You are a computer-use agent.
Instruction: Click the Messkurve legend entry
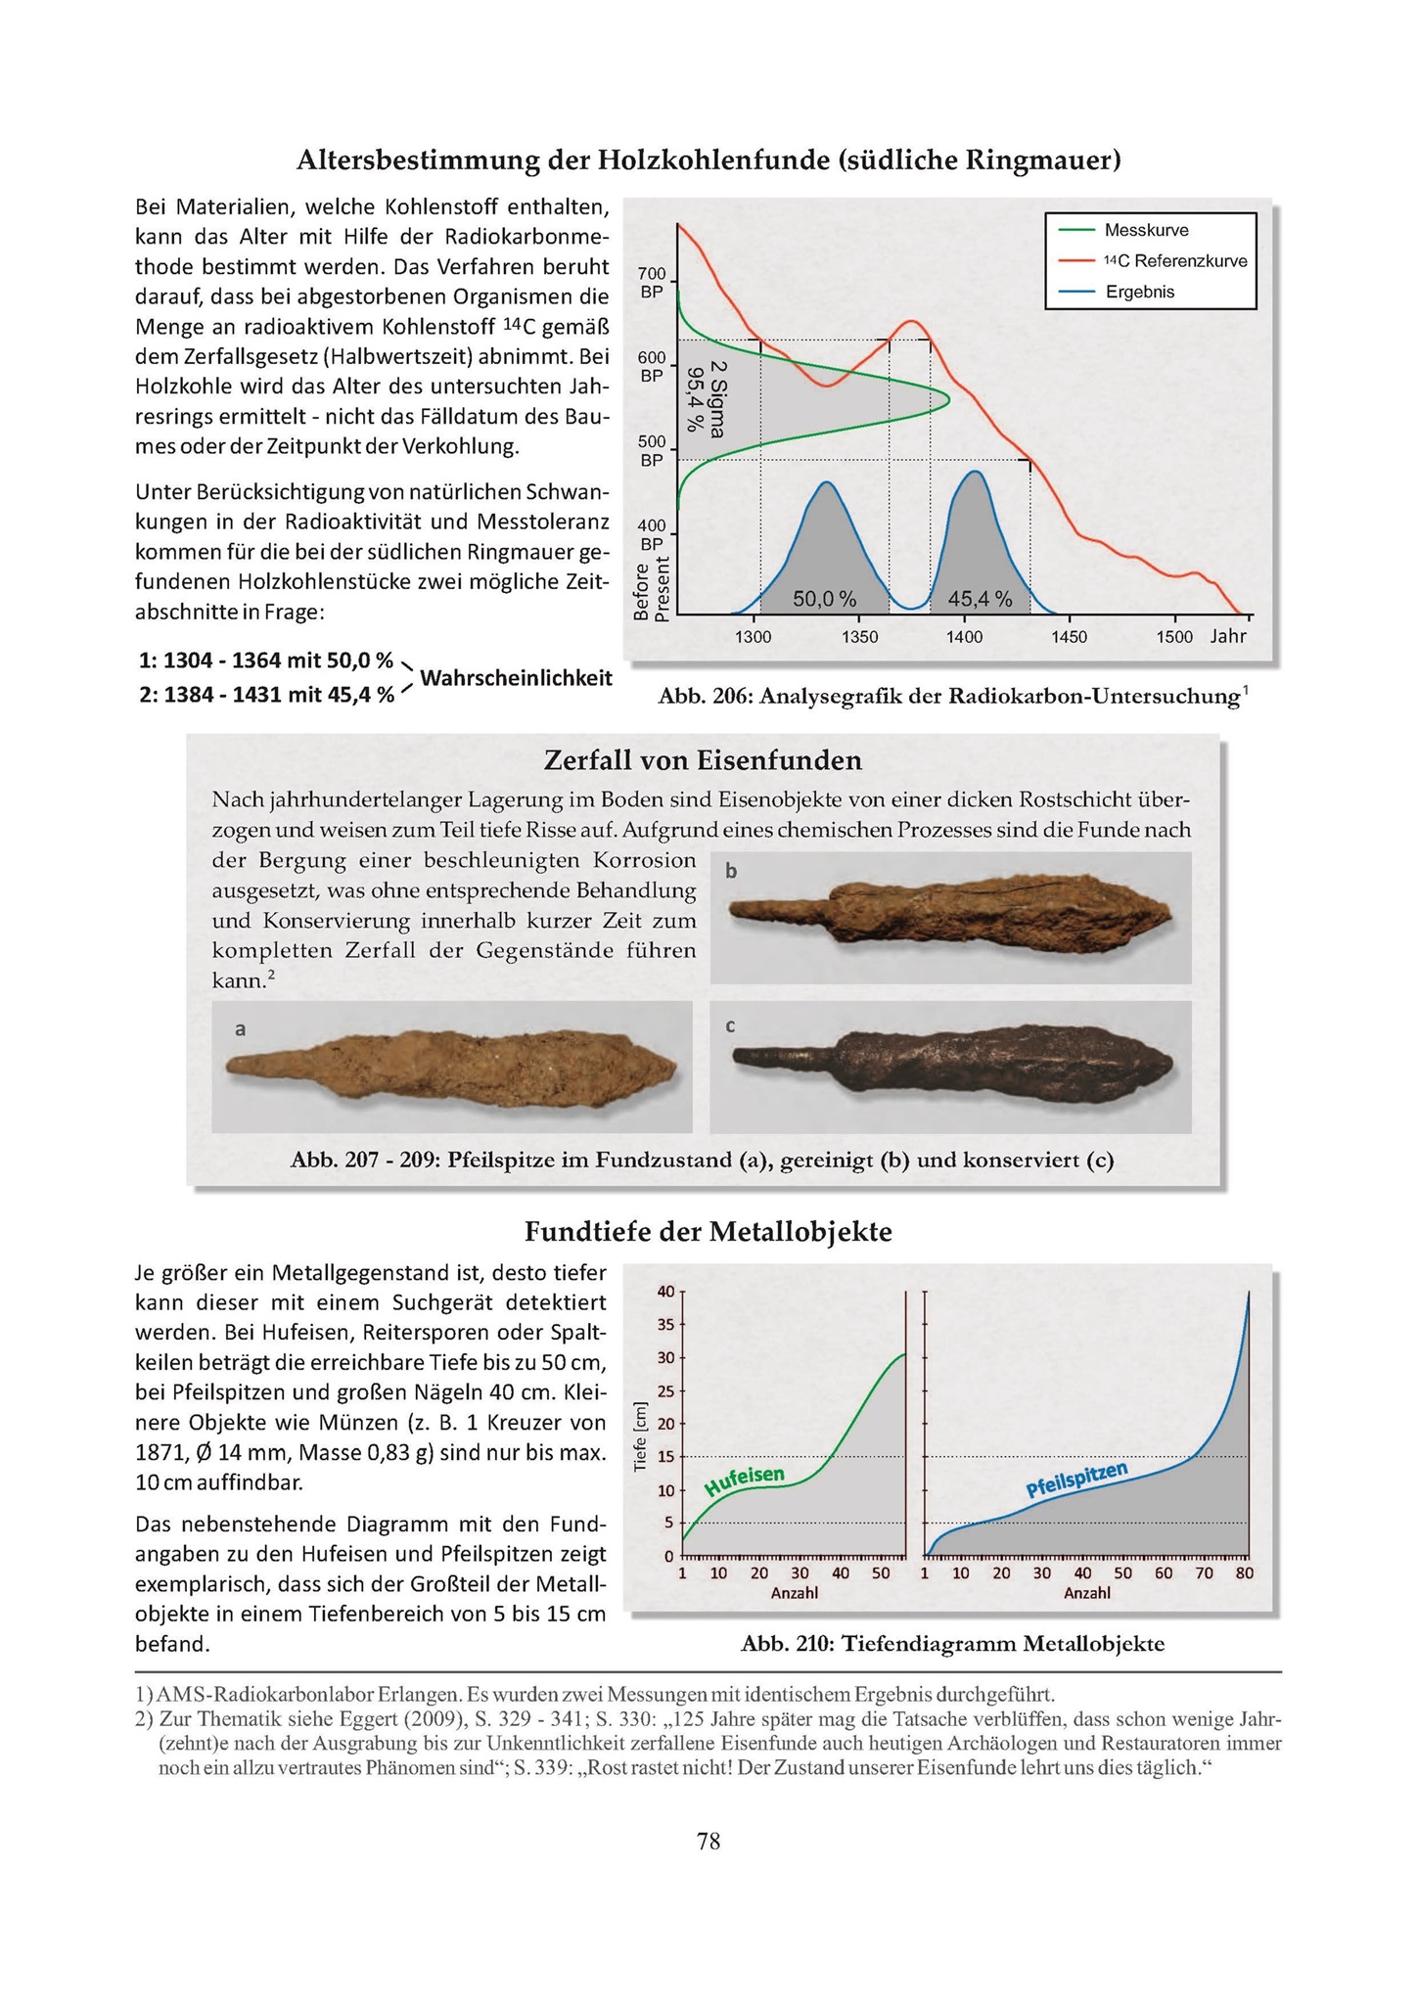click(x=1146, y=230)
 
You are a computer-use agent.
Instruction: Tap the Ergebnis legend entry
click(x=1140, y=292)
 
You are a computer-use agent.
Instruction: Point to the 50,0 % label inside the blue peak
click(x=824, y=599)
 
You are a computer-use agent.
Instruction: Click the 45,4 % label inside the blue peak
click(x=980, y=599)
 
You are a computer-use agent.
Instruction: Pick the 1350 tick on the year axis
click(x=858, y=637)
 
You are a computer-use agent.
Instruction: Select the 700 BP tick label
click(x=652, y=282)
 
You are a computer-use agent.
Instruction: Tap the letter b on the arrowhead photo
click(x=731, y=871)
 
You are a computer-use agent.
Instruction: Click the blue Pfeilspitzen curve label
click(x=1076, y=1480)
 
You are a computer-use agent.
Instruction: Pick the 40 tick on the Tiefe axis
click(x=665, y=1292)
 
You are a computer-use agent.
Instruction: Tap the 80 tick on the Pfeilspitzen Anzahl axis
click(x=1245, y=1573)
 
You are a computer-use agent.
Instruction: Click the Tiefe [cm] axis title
click(x=641, y=1436)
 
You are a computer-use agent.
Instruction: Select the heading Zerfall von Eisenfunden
click(x=703, y=759)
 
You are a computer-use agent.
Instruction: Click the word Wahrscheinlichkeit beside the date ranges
click(x=516, y=677)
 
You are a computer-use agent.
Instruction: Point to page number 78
click(x=708, y=1842)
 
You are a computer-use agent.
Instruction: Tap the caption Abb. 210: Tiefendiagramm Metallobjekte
click(x=952, y=1644)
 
